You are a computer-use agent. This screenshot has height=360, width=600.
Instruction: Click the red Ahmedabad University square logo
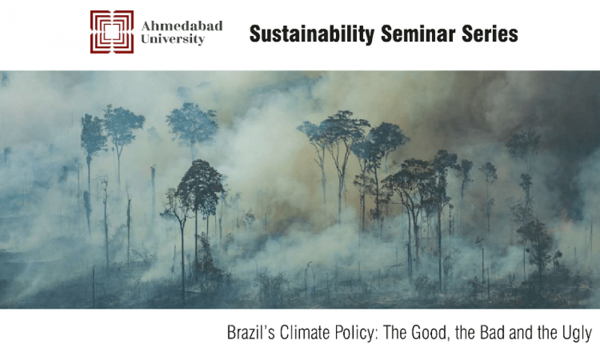[x=112, y=32]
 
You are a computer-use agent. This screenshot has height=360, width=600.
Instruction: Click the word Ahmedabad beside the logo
[x=182, y=26]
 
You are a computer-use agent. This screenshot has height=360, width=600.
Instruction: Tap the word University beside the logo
[x=173, y=39]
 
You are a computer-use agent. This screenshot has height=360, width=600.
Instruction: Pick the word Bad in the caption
[x=492, y=333]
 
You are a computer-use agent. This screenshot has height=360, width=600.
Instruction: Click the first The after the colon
[x=394, y=333]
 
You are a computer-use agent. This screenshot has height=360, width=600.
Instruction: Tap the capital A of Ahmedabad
[x=147, y=26]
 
